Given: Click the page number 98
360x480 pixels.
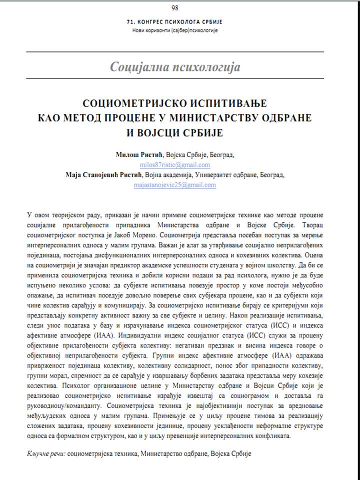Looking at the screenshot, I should [174, 7].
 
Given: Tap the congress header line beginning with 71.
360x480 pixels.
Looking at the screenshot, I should [174, 21].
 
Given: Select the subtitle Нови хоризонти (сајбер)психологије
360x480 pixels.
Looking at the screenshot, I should [175, 30].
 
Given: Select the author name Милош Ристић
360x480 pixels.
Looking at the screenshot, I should [135, 155].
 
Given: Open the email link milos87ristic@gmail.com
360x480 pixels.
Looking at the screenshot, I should [175, 164].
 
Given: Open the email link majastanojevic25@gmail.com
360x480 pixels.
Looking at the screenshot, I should [175, 184].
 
